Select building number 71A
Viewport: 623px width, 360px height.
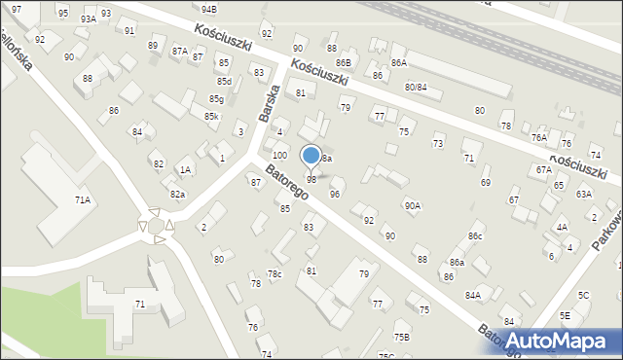pos(83,200)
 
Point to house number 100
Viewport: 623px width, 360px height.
pos(279,156)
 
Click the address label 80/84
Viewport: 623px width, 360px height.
pos(416,88)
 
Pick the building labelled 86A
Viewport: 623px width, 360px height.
pos(398,62)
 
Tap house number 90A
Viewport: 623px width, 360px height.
pos(413,205)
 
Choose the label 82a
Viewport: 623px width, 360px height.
pos(177,195)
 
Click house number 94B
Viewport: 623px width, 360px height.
pos(208,9)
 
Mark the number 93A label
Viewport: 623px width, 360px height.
pos(88,18)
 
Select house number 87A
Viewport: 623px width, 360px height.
pos(179,51)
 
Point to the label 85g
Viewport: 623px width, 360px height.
pos(216,99)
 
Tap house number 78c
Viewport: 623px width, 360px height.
pos(275,274)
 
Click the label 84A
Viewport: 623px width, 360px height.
pos(473,295)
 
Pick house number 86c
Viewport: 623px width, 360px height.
pos(475,236)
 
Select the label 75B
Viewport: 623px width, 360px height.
pos(402,337)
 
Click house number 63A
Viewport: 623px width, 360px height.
pos(583,194)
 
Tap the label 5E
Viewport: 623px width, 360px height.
pos(565,316)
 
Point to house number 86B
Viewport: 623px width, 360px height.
pos(343,62)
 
